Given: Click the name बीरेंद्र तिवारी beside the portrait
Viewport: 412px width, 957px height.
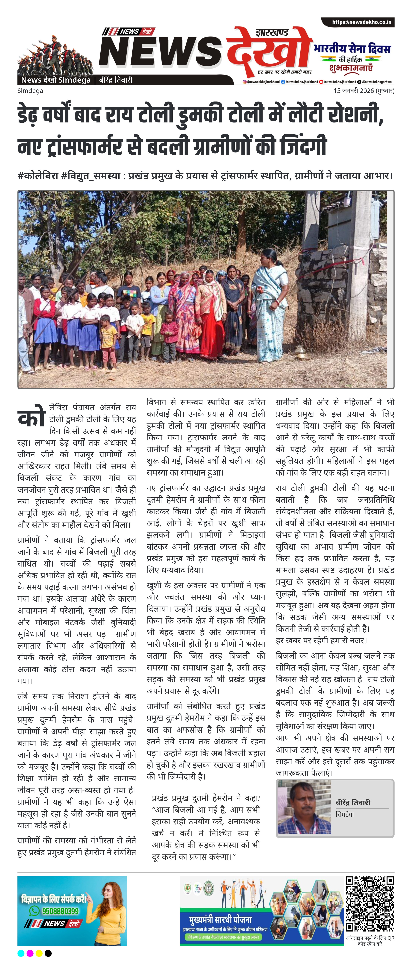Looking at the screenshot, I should (x=353, y=802).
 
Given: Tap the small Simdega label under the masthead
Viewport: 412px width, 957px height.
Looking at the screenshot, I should (x=30, y=91).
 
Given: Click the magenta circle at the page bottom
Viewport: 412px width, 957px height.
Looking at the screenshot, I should (x=30, y=953).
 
